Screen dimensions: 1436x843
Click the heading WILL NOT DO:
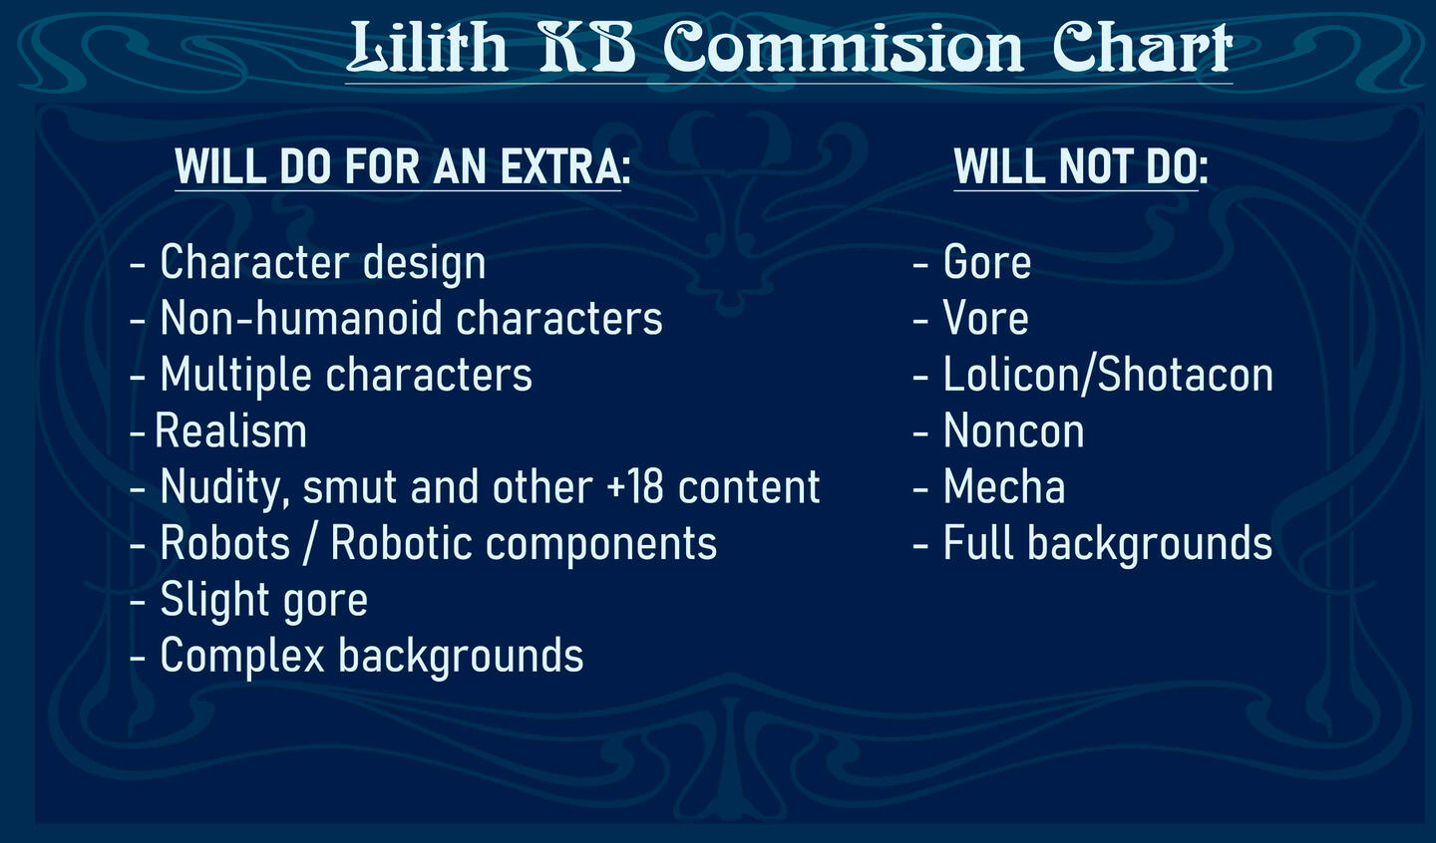tap(1081, 166)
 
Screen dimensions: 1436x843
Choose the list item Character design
tap(322, 263)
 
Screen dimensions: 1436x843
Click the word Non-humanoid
tap(301, 318)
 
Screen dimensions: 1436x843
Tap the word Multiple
tap(235, 375)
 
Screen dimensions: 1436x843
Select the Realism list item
tap(230, 430)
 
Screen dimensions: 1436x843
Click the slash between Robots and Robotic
tap(311, 544)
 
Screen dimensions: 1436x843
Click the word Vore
tap(985, 318)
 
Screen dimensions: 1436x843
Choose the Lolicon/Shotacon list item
tap(1108, 374)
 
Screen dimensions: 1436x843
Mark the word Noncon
tap(1013, 430)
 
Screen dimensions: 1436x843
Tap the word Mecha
tap(1004, 487)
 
